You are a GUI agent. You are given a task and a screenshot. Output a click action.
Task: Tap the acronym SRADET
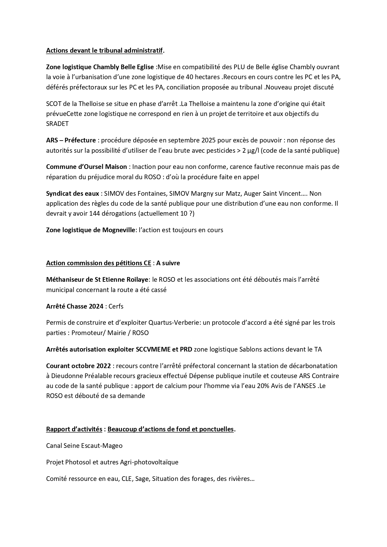(x=57, y=124)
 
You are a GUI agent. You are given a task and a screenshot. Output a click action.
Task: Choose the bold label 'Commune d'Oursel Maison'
(x=86, y=167)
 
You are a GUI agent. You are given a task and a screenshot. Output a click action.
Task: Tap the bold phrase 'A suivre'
(x=168, y=263)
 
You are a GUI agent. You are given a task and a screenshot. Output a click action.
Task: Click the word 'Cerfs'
(x=116, y=306)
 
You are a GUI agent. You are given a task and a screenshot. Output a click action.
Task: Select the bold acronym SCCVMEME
(x=153, y=349)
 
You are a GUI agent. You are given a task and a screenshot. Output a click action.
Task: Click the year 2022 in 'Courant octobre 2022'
(x=104, y=366)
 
